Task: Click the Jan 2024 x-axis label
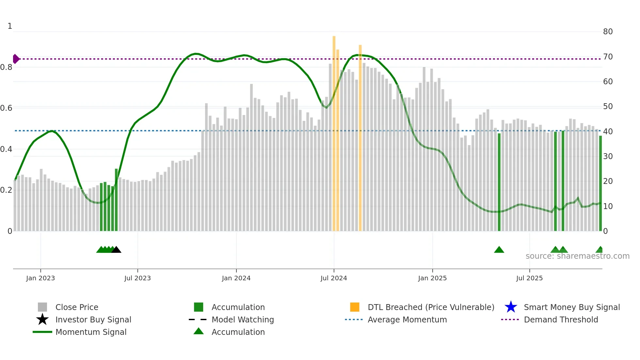click(236, 278)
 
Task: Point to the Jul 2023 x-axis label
click(137, 278)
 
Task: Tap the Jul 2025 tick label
click(529, 278)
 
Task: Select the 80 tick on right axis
click(608, 32)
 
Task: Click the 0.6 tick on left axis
click(6, 108)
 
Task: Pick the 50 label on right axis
click(608, 106)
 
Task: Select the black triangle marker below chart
click(116, 250)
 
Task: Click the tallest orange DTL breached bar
click(334, 131)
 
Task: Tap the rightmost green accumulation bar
click(600, 183)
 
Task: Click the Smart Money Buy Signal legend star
click(511, 307)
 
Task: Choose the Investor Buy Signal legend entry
click(93, 319)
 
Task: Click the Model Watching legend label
click(243, 319)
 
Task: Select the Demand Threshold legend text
click(561, 319)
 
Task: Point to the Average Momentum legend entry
click(407, 319)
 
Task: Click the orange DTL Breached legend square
click(355, 307)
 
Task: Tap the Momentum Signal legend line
click(42, 332)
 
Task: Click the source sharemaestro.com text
click(577, 256)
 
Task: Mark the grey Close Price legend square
click(42, 307)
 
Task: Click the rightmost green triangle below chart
click(600, 250)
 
